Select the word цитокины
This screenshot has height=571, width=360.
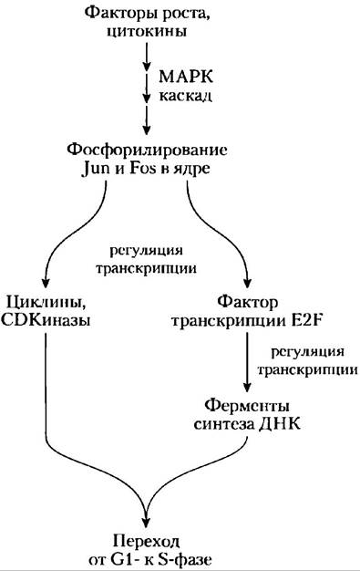pos(147,32)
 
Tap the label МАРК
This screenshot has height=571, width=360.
pos(186,78)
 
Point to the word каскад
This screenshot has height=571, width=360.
pos(185,96)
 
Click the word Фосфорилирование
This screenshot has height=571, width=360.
pos(148,151)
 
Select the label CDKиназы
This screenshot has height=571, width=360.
pos(46,322)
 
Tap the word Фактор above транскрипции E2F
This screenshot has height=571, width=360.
pos(248,302)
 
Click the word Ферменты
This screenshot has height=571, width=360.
pos(247,405)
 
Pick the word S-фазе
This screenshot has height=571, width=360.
pos(180,559)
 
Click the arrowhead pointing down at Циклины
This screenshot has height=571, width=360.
pos(46,283)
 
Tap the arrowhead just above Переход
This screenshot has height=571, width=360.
pos(146,522)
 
